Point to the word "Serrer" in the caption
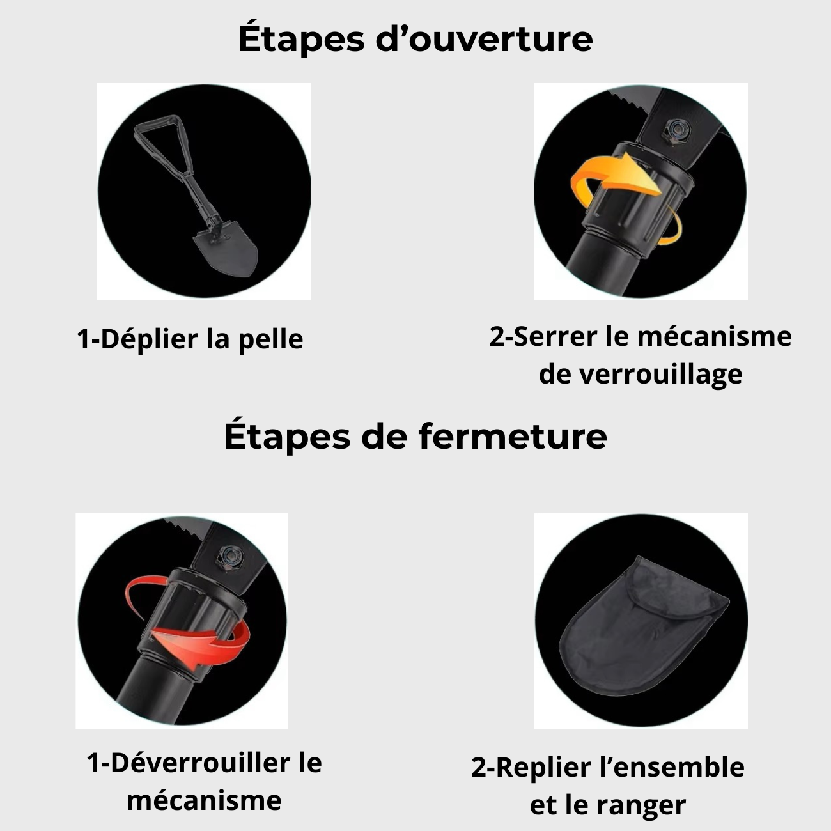pos(557,336)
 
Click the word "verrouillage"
pos(672,374)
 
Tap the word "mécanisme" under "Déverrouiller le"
pos(204,800)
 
